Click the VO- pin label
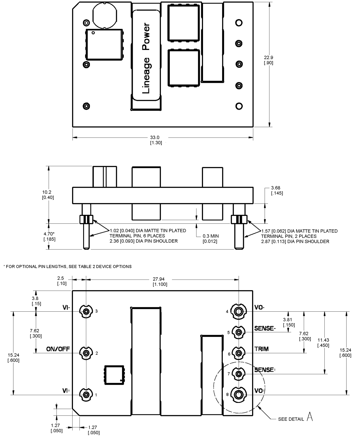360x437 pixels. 259,307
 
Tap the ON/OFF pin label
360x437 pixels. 59,349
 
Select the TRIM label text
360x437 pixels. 261,349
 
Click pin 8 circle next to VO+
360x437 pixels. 239,395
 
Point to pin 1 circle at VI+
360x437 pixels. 86,395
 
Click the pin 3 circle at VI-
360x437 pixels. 86,311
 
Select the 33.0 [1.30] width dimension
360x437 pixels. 156,140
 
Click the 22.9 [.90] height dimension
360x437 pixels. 268,60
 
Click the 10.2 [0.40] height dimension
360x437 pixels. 48,195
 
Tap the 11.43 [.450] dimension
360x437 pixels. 323,342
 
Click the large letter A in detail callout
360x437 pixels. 310,418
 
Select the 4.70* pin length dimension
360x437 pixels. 48,236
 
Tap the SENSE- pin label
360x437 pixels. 265,328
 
